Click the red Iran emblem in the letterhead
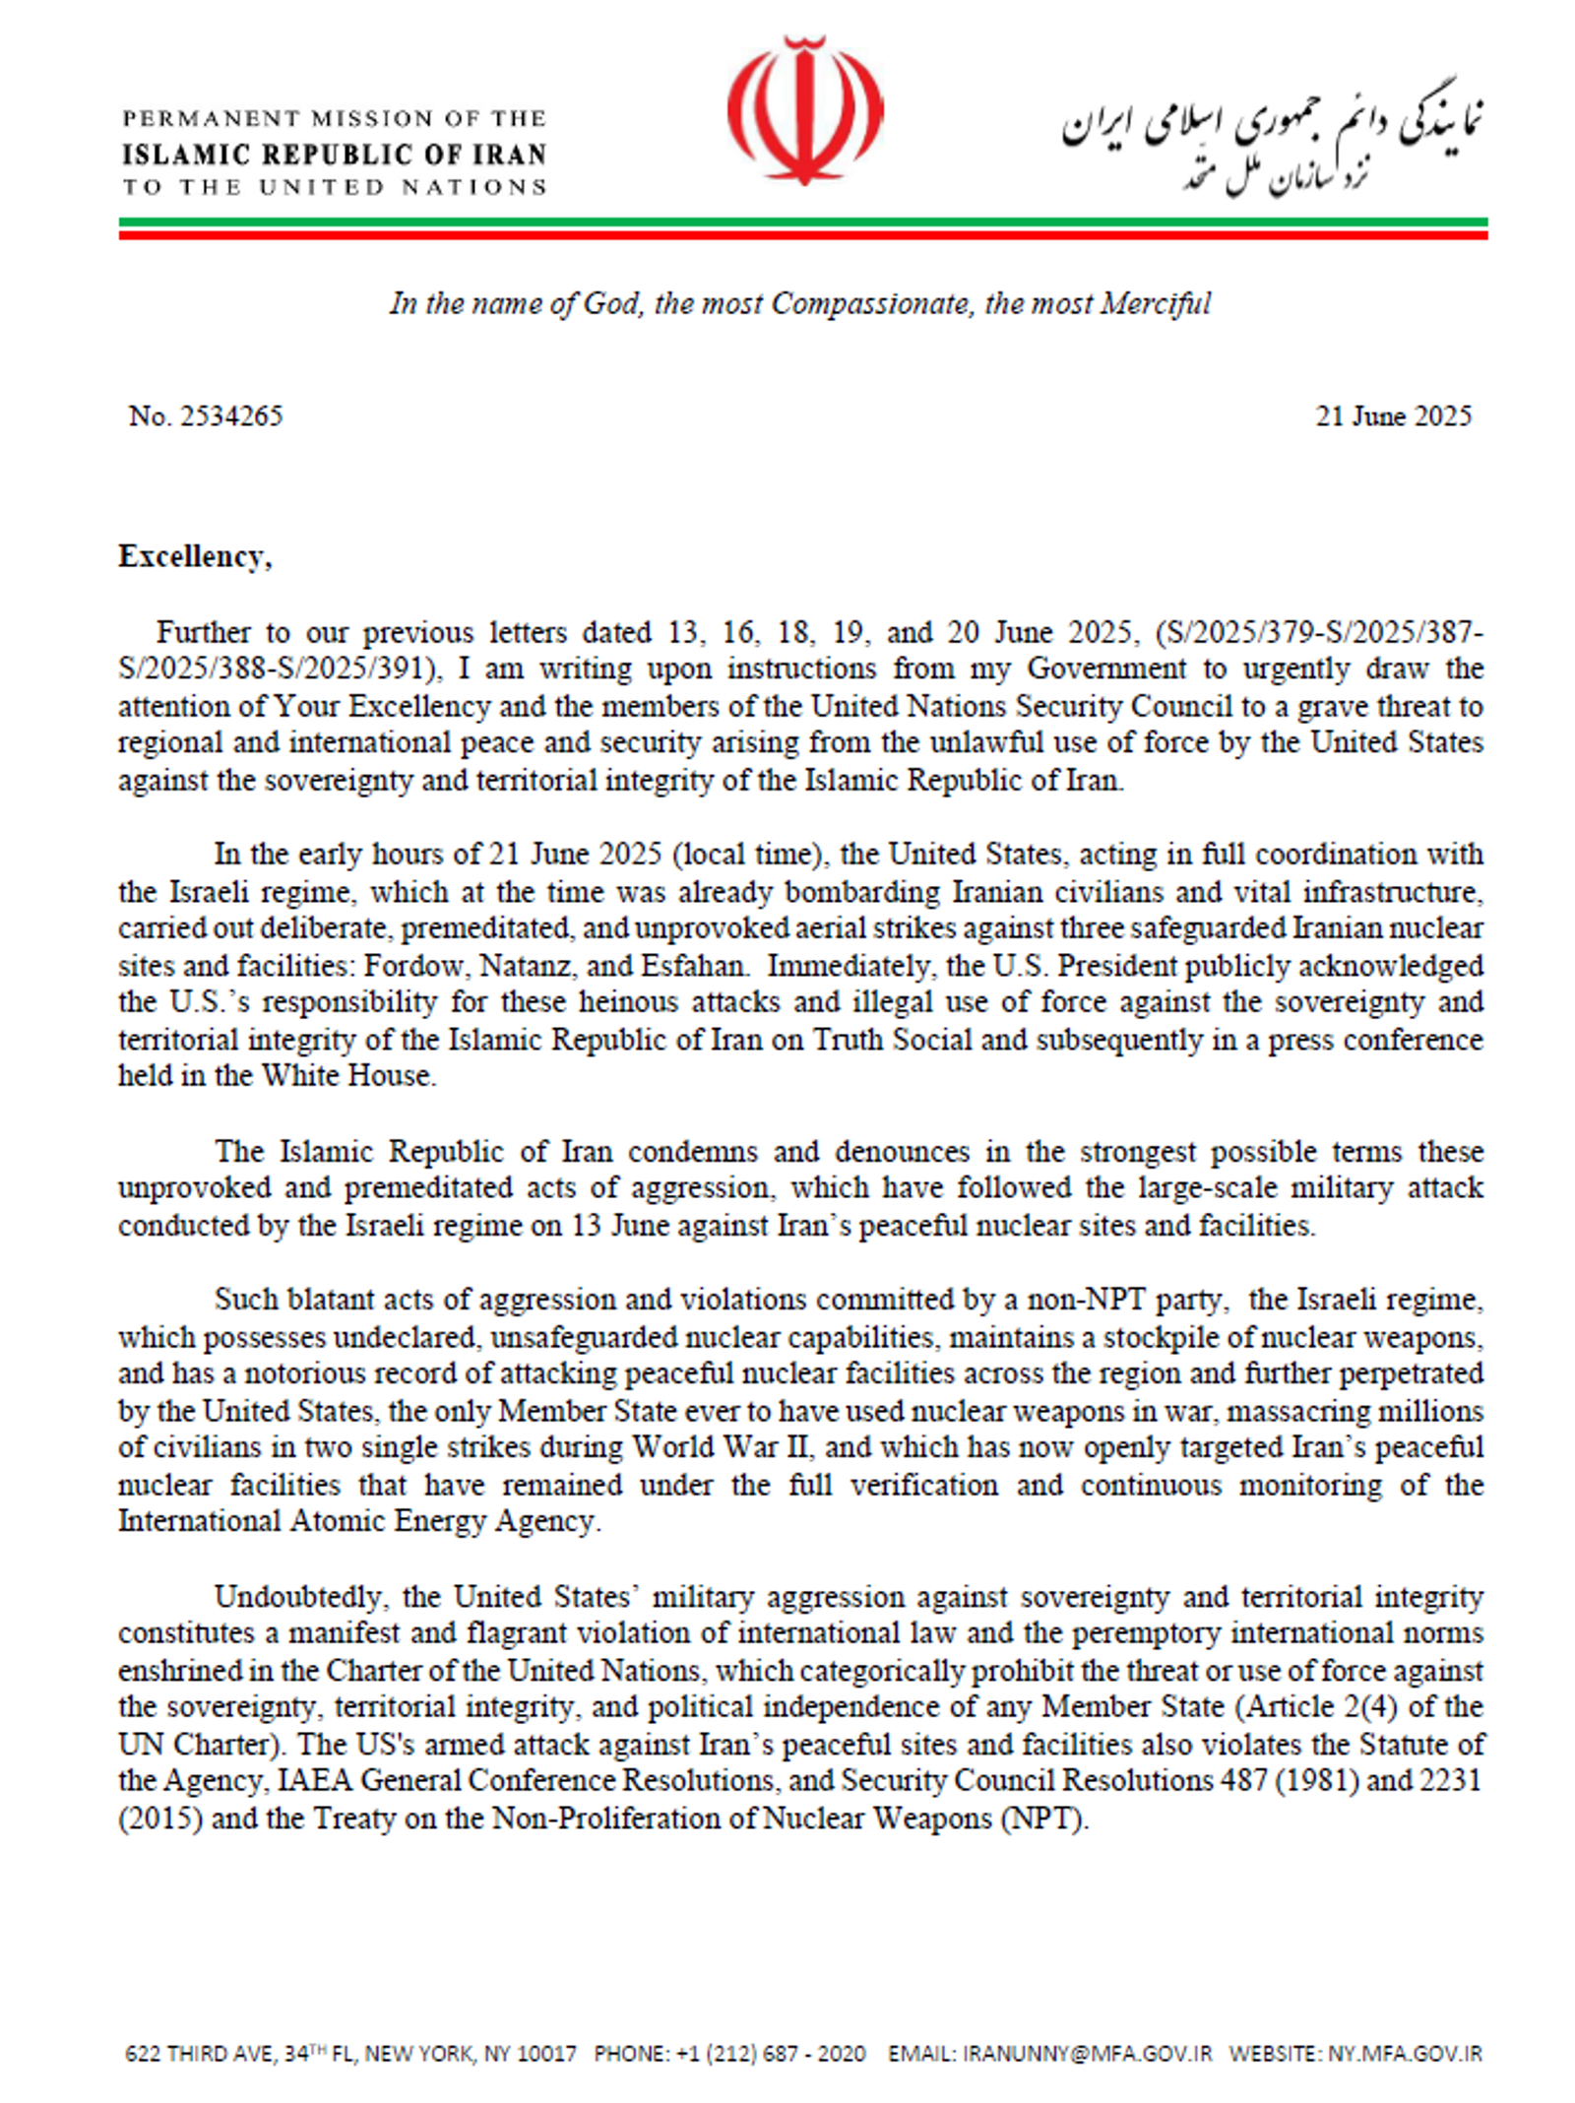point(804,111)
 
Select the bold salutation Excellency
point(194,557)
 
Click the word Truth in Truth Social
point(849,1040)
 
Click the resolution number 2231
point(1450,1781)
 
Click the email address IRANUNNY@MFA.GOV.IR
point(1088,2054)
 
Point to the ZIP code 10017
point(547,2054)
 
